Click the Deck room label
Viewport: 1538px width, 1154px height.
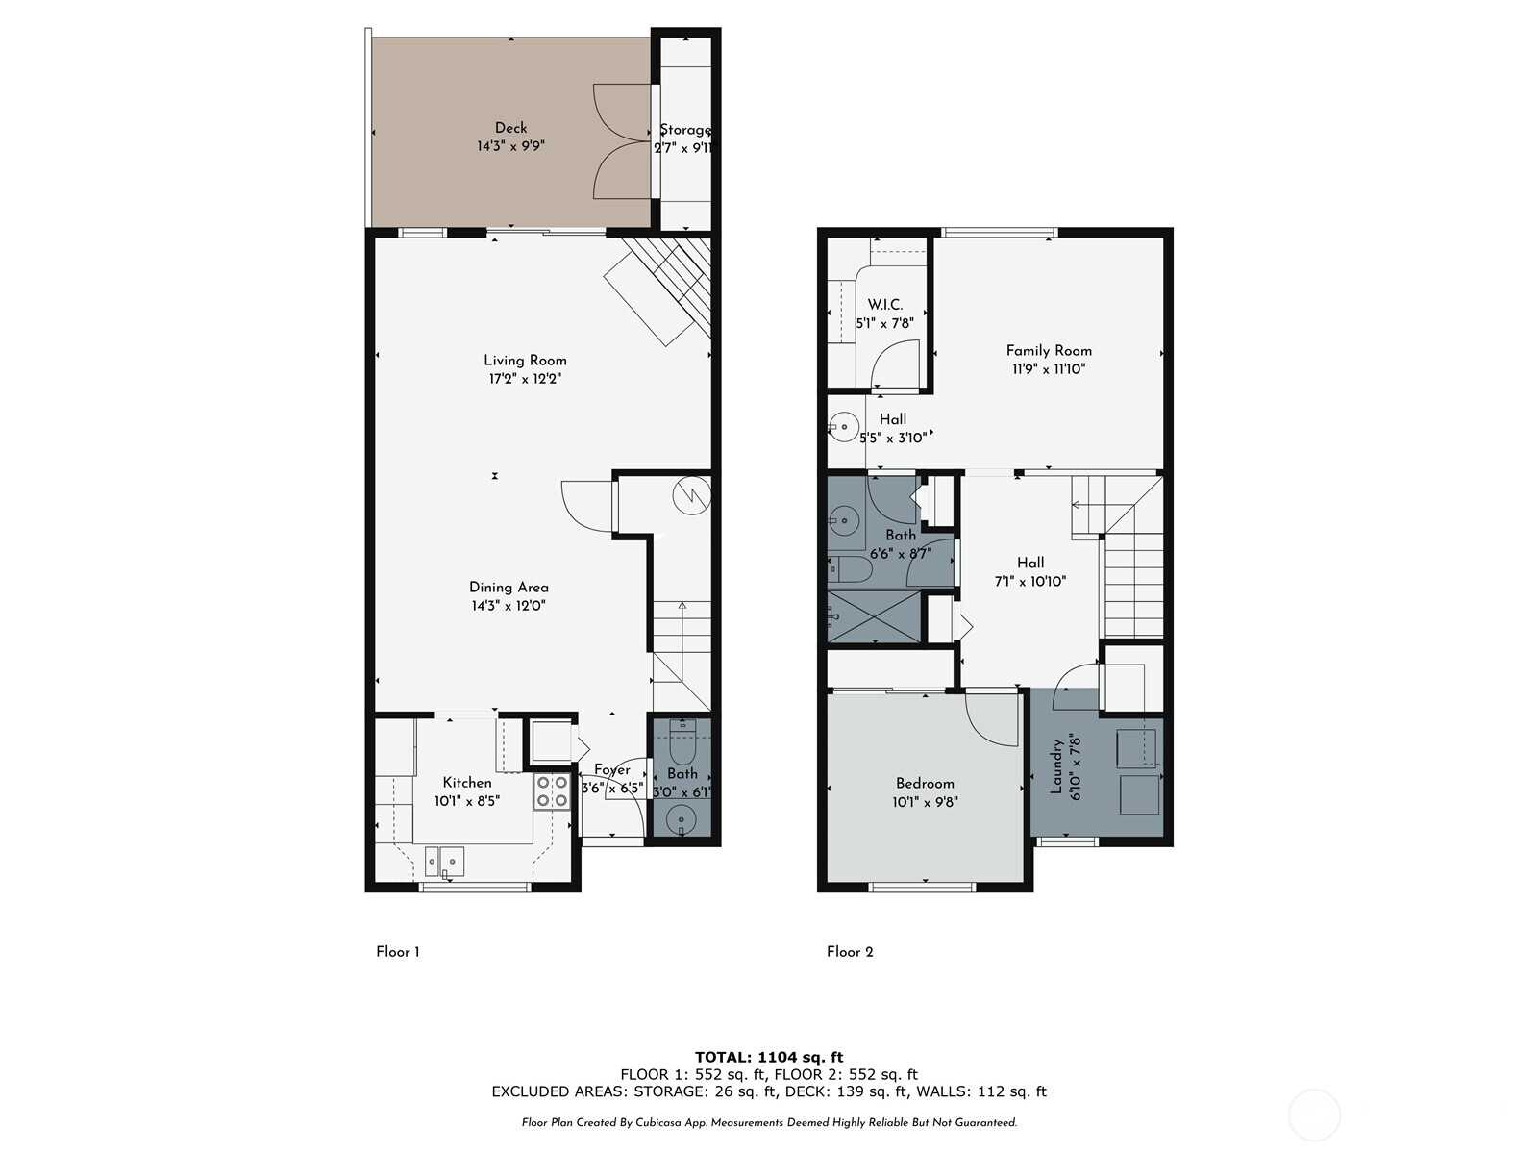(510, 128)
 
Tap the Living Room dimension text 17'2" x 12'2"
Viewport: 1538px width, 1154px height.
(525, 379)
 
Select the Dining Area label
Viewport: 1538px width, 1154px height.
(509, 588)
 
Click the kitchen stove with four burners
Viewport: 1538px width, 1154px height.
(552, 791)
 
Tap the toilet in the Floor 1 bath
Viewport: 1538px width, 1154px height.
(682, 742)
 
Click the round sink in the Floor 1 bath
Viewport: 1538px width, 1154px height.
(681, 819)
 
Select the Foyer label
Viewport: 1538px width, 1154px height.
(611, 770)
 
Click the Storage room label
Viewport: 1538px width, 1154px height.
(685, 130)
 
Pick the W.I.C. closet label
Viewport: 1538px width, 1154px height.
(885, 305)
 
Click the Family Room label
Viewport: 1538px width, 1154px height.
(1048, 350)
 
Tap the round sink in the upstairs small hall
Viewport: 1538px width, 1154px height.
(844, 426)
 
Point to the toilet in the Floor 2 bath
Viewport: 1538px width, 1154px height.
(850, 570)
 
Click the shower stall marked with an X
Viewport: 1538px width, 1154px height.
(874, 615)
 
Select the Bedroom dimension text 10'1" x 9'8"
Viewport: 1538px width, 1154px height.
(925, 802)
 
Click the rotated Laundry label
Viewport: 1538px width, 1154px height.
(1055, 766)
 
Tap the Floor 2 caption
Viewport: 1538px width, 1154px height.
(850, 951)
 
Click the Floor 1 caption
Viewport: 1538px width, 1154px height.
(398, 951)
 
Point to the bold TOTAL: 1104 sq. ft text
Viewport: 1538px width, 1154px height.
(769, 1057)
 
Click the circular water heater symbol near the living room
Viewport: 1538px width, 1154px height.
(691, 495)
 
